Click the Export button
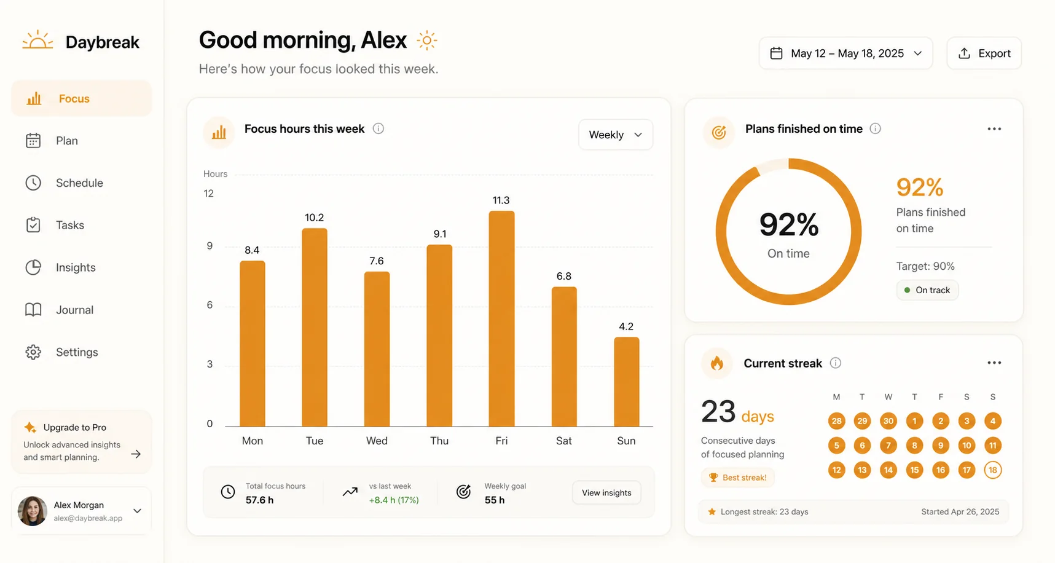point(984,53)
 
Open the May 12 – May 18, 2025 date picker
point(845,53)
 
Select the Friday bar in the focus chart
point(501,318)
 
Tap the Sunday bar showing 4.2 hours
point(626,382)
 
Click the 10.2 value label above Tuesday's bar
point(314,218)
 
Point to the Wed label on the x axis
point(377,441)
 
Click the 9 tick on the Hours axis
point(210,246)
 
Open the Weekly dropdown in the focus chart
point(616,135)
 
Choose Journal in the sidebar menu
point(75,310)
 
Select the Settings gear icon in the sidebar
point(33,352)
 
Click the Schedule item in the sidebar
point(79,183)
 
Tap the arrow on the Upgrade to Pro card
point(136,454)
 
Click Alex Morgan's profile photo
point(33,511)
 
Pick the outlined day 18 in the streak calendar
point(993,470)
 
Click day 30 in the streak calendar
point(888,421)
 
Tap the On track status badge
point(927,290)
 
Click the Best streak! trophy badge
point(738,478)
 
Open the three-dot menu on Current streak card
point(994,363)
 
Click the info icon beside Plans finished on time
point(876,128)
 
